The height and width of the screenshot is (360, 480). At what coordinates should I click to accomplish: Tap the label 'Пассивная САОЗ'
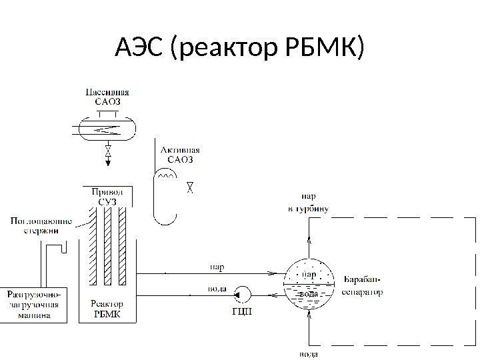click(x=107, y=96)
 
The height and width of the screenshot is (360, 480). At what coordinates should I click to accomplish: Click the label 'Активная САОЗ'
click(x=179, y=155)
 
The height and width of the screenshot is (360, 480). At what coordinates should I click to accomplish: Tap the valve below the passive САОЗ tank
click(x=107, y=157)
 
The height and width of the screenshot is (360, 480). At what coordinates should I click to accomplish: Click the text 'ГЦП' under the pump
click(x=242, y=311)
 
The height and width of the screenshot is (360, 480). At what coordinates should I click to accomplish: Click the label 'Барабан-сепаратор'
click(x=363, y=285)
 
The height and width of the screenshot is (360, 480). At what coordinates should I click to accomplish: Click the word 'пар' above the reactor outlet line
click(x=217, y=267)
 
